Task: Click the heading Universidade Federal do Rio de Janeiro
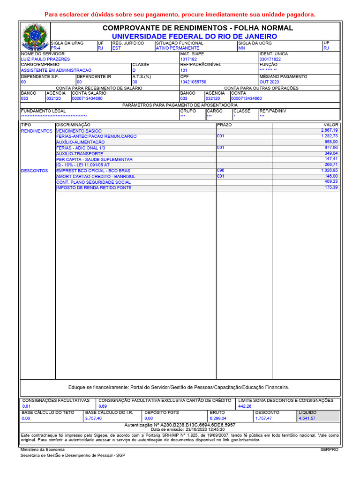coord(194,37)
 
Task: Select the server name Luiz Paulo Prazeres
coord(45,60)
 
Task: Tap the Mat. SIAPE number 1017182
coord(189,60)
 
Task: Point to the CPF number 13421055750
coord(193,82)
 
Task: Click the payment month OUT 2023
coord(269,82)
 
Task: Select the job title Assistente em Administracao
coord(56,70)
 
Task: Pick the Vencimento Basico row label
coord(79,131)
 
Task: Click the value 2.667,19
coord(329,130)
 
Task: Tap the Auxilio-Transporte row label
coord(80,154)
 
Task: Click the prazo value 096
coord(221,171)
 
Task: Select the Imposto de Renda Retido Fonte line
coord(94,188)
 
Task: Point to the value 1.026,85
coord(329,171)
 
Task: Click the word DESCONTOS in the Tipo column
coord(35,171)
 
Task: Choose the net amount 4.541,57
coord(307,418)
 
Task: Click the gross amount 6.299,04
coord(218,418)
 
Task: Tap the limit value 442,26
coord(245,406)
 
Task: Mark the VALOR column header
coord(331,125)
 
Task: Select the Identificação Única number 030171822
coord(270,60)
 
